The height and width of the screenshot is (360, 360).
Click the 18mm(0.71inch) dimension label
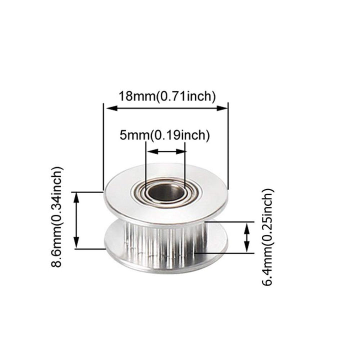(x=166, y=95)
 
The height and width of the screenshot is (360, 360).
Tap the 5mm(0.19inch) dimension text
(x=164, y=134)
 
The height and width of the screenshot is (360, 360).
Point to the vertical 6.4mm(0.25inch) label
(x=268, y=237)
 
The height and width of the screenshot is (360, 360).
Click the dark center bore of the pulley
(x=165, y=192)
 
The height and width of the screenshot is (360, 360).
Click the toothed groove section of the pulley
(x=165, y=240)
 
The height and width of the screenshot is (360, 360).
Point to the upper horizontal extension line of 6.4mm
(x=230, y=221)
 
